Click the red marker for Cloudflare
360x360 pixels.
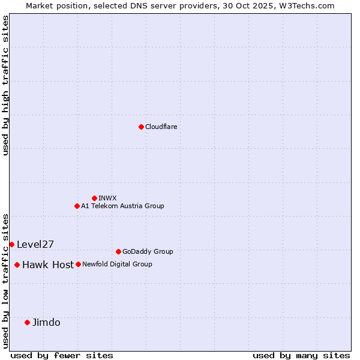pyautogui.click(x=141, y=127)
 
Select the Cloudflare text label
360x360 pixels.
pyautogui.click(x=161, y=127)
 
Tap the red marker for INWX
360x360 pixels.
pyautogui.click(x=94, y=198)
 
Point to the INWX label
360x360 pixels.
pyautogui.click(x=107, y=198)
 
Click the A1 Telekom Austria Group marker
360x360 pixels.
pyautogui.click(x=77, y=206)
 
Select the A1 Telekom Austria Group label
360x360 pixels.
pyautogui.click(x=122, y=206)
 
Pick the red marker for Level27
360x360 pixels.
pyautogui.click(x=11, y=244)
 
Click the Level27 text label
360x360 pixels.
pyautogui.click(x=35, y=244)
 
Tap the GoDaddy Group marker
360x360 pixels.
pyautogui.click(x=118, y=251)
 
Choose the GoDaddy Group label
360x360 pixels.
pyautogui.click(x=148, y=251)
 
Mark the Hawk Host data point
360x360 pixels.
pyautogui.click(x=17, y=265)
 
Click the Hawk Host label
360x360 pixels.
pyautogui.click(x=48, y=265)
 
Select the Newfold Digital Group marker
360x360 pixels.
pyautogui.click(x=78, y=264)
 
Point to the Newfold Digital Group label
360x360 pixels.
pyautogui.click(x=117, y=264)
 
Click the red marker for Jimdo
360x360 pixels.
pyautogui.click(x=27, y=322)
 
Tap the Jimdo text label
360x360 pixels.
pyautogui.click(x=46, y=322)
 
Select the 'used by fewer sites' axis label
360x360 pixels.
pyautogui.click(x=62, y=355)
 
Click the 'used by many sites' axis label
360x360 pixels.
pyautogui.click(x=301, y=355)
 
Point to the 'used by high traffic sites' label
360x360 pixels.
pyautogui.click(x=5, y=85)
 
